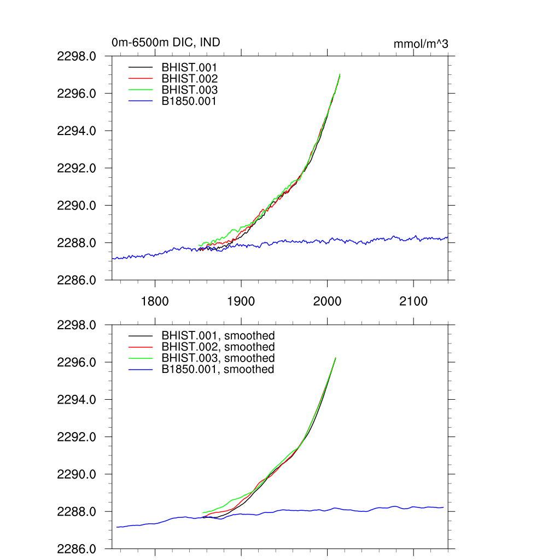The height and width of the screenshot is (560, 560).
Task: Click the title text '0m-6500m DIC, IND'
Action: tap(166, 42)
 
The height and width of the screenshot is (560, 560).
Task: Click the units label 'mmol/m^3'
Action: tap(421, 44)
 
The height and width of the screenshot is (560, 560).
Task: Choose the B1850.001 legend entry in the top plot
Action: tap(189, 101)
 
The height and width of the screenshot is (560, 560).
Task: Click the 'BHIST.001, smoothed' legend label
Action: tap(218, 335)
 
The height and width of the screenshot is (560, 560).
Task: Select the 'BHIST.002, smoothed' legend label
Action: tap(218, 347)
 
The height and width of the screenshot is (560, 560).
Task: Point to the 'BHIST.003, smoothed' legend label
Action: tap(218, 358)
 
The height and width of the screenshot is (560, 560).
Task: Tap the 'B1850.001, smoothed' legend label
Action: tap(218, 369)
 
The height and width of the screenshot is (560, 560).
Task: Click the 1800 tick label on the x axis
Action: tap(155, 301)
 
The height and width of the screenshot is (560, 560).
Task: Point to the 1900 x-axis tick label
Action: tap(241, 301)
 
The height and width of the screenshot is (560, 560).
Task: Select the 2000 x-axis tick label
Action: tap(327, 301)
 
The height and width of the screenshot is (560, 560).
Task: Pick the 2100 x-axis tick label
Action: tap(413, 301)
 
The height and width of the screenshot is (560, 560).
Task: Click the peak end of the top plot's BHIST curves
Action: tap(340, 74)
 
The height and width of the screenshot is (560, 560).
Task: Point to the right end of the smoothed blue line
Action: tap(443, 507)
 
